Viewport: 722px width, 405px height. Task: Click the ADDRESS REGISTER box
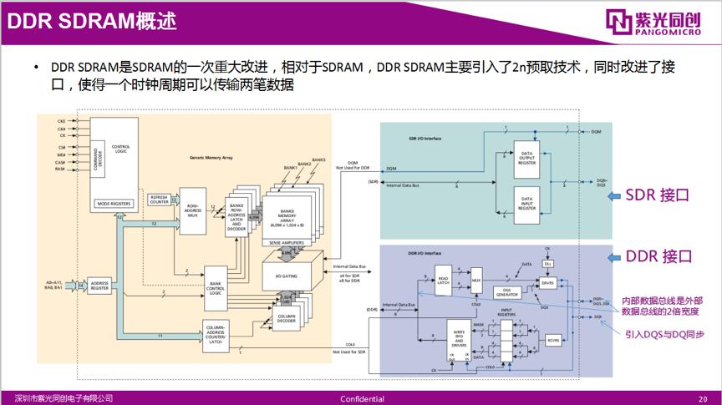[x=100, y=286]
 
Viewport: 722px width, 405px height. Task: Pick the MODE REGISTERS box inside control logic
[x=116, y=203]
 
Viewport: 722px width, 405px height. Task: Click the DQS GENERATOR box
[x=507, y=292]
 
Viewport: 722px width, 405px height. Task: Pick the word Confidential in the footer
[x=362, y=398]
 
